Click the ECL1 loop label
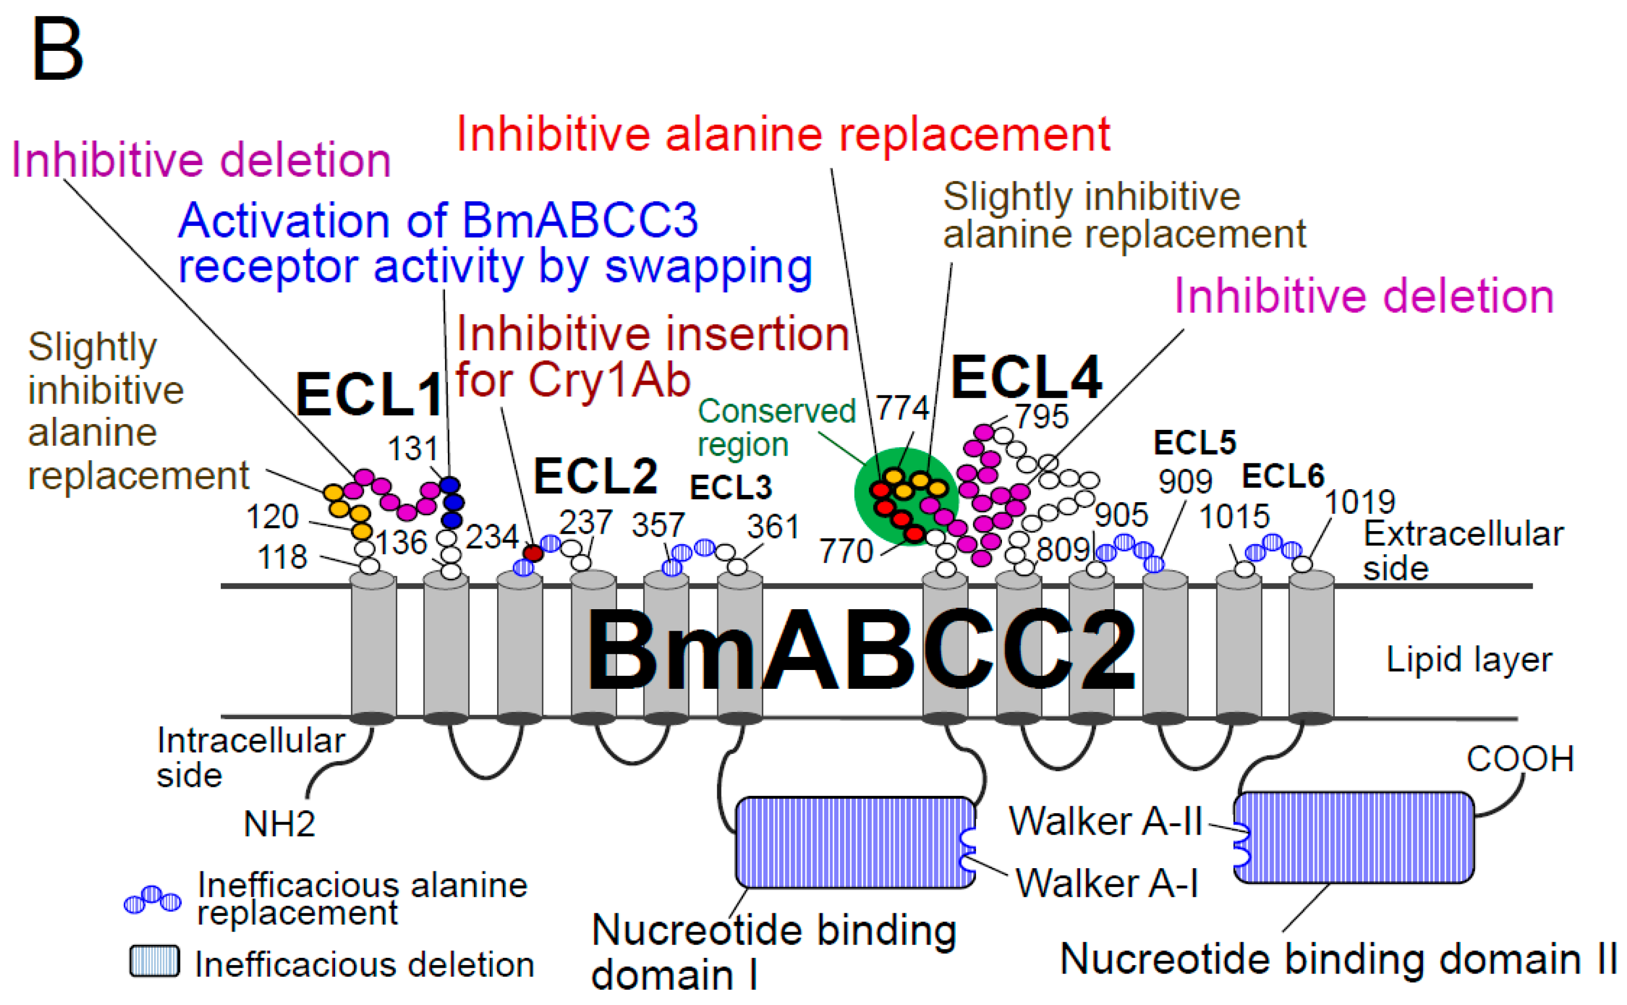tap(369, 395)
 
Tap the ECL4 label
tap(1026, 377)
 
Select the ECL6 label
tap(1282, 476)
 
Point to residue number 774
tap(902, 407)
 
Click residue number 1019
tap(1360, 502)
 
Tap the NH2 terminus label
tap(279, 824)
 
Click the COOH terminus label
tap(1520, 759)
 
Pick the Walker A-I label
tap(1106, 883)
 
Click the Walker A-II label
tap(1105, 821)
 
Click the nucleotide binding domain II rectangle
tap(1354, 838)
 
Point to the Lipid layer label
tap(1469, 660)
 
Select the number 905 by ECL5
tap(1121, 515)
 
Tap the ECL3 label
tap(730, 488)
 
